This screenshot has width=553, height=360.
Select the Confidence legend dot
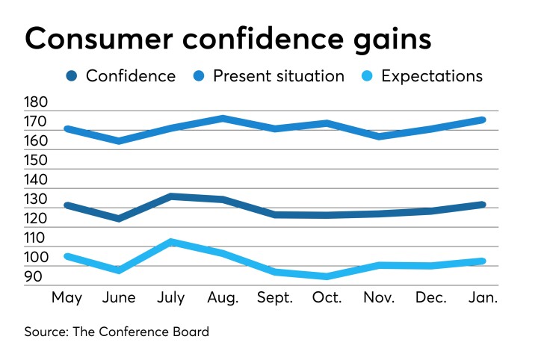pos(72,76)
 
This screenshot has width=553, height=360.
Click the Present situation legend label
pos(279,76)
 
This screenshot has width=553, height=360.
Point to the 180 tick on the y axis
pos(36,103)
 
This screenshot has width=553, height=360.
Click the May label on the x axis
pos(67,298)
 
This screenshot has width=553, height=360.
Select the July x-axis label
pos(170,298)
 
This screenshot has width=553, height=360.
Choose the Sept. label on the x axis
pos(274,298)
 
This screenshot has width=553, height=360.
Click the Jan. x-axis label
pos(481,298)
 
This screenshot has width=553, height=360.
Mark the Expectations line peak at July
pos(171,242)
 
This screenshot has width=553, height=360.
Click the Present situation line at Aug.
pos(223,118)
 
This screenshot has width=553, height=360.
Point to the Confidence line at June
pos(119,218)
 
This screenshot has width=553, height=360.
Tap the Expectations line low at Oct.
pos(327,276)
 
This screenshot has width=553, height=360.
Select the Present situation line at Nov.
pos(378,136)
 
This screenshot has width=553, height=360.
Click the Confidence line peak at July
pos(171,196)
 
